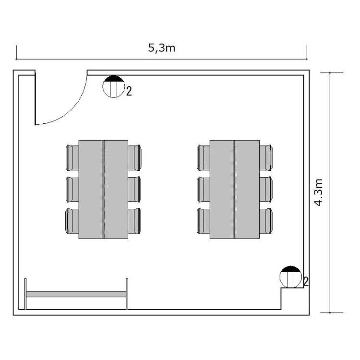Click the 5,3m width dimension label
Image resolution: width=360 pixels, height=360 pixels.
tap(162, 48)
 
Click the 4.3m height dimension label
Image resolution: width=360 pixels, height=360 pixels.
tap(318, 192)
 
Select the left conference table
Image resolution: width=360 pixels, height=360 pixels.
tap(103, 190)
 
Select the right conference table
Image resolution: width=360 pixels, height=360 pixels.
tap(235, 190)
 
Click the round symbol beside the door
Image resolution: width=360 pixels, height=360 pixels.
tap(113, 86)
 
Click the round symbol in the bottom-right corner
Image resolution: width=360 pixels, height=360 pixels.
tap(291, 277)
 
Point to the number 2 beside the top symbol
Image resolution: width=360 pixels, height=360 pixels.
tap(129, 91)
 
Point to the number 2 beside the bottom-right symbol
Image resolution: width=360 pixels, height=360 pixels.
tap(306, 281)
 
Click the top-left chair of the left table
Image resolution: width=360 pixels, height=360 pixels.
tap(72, 158)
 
